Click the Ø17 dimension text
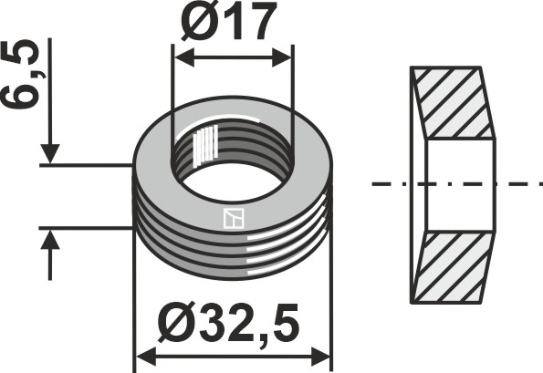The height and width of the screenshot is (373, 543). tap(228, 25)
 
